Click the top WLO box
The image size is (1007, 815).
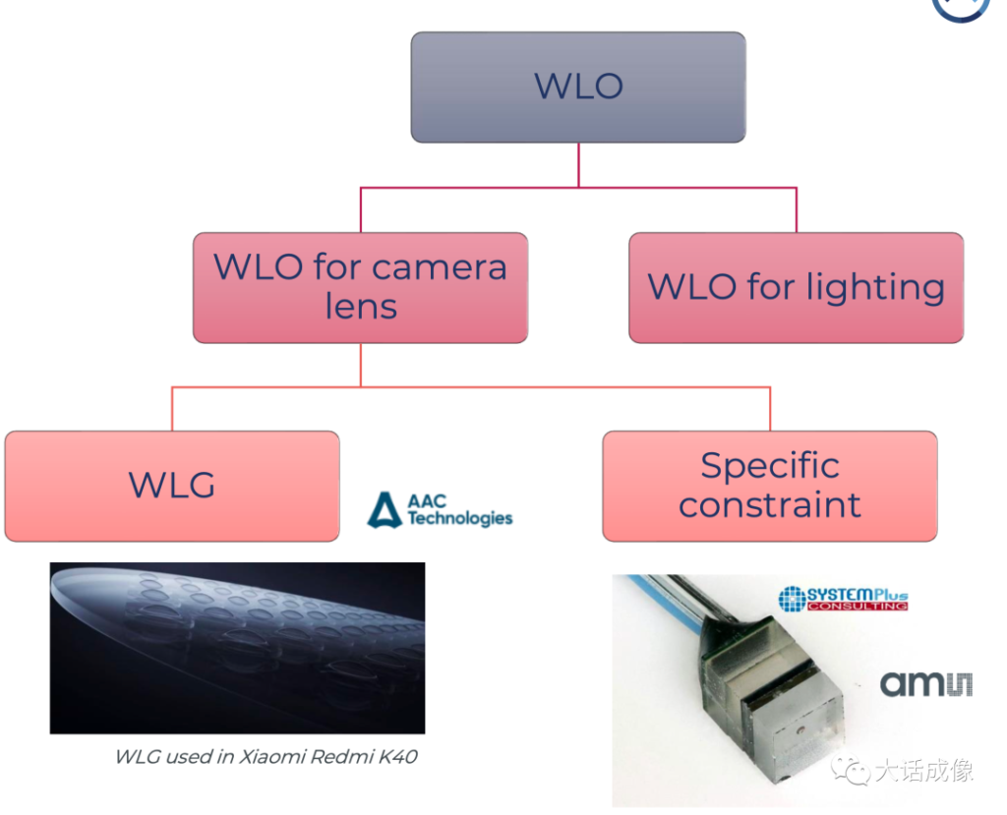pyautogui.click(x=578, y=87)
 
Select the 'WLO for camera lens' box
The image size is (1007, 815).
pyautogui.click(x=360, y=288)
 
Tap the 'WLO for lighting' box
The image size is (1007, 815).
pyautogui.click(x=797, y=288)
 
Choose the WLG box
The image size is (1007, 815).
pyautogui.click(x=172, y=487)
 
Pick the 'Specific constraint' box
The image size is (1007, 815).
pyautogui.click(x=770, y=487)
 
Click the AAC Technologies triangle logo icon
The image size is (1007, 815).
pyautogui.click(x=385, y=510)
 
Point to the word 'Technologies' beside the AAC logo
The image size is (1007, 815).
pyautogui.click(x=460, y=518)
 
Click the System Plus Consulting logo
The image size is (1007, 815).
pyautogui.click(x=843, y=599)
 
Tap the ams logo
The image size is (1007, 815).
pyautogui.click(x=925, y=684)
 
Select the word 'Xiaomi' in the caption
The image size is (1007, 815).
pyautogui.click(x=272, y=757)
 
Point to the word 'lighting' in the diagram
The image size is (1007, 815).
pyautogui.click(x=875, y=287)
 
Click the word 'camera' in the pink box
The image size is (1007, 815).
pyautogui.click(x=440, y=267)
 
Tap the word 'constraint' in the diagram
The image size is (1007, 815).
pyautogui.click(x=770, y=505)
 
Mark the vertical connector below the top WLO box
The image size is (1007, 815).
pyautogui.click(x=578, y=165)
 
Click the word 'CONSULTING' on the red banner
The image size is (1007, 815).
pyautogui.click(x=858, y=606)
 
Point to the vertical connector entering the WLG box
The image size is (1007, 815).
pyautogui.click(x=172, y=409)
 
